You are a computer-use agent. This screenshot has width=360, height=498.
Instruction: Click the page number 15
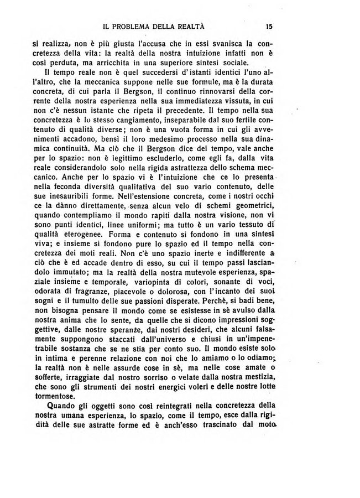point(269,25)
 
